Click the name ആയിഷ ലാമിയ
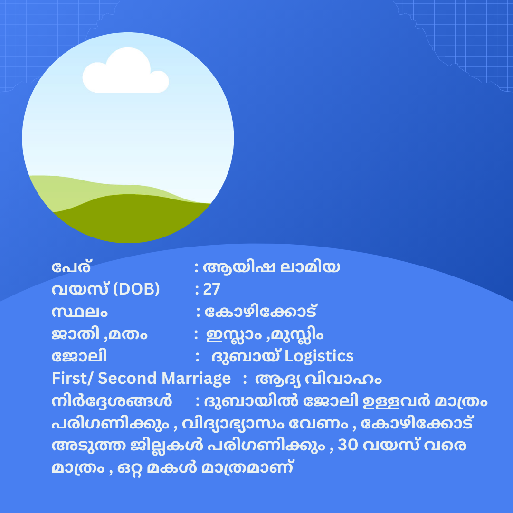(x=271, y=267)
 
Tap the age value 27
(x=212, y=289)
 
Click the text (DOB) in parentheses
(x=136, y=289)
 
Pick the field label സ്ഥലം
(x=79, y=312)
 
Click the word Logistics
(x=319, y=356)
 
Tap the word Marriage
(x=196, y=379)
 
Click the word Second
(x=128, y=379)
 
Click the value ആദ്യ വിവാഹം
(x=318, y=379)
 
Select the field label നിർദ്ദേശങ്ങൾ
(x=112, y=400)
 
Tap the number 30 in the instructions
(x=348, y=445)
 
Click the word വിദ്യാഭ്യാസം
(x=233, y=423)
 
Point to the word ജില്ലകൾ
(x=167, y=445)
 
